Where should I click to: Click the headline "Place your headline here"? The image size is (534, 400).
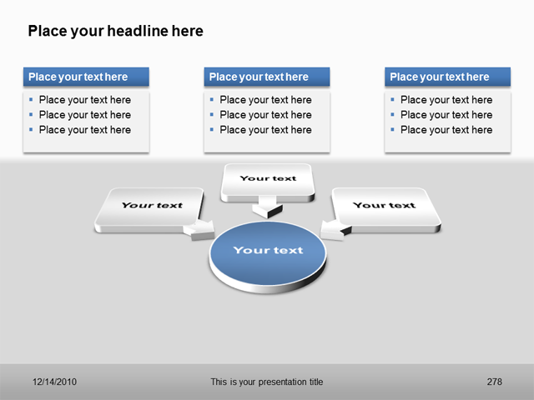click(115, 32)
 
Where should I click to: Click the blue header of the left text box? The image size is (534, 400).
click(86, 77)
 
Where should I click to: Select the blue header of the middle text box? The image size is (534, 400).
click(266, 77)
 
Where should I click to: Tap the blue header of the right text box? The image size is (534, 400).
click(447, 77)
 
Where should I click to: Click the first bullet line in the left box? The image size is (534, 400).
click(84, 100)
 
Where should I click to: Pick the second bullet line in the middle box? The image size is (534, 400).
click(265, 115)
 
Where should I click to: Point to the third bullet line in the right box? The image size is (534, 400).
click(446, 130)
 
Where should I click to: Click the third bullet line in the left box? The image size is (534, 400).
click(84, 130)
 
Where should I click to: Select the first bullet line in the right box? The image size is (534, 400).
click(446, 100)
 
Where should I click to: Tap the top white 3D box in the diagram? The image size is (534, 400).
click(268, 180)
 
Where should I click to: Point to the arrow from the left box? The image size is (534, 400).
click(201, 231)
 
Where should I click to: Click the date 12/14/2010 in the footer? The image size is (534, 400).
click(55, 382)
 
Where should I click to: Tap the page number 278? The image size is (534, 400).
click(494, 382)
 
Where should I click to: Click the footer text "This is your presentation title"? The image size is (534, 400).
click(266, 382)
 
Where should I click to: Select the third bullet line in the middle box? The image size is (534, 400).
click(265, 130)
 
